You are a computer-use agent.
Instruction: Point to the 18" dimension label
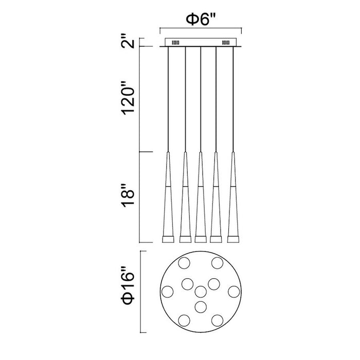[128, 196]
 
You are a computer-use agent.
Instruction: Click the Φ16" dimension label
[128, 285]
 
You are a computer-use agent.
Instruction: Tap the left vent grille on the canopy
[176, 43]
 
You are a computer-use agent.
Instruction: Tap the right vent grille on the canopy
[225, 43]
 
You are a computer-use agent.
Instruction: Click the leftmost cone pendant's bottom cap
[168, 239]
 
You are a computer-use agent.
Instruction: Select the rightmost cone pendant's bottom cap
[233, 239]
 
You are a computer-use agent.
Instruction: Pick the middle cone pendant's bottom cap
[201, 239]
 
